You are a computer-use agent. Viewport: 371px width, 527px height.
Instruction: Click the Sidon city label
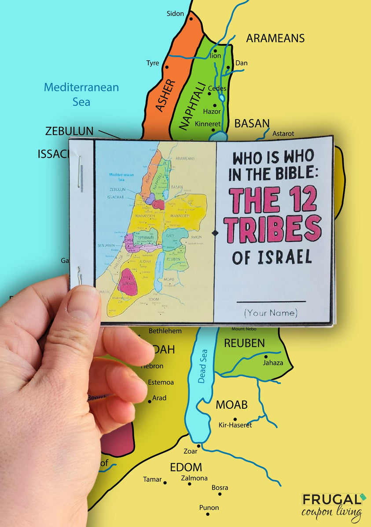point(175,14)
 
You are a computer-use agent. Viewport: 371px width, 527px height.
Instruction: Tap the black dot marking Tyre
point(167,68)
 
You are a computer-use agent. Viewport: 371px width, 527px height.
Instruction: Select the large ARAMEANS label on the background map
point(275,38)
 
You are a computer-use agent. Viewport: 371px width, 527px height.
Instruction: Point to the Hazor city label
point(212,112)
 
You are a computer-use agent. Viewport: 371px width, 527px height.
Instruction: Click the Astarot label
point(283,134)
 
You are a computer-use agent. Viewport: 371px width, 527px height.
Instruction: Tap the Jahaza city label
point(273,363)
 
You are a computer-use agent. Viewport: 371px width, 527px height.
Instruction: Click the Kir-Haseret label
point(235,425)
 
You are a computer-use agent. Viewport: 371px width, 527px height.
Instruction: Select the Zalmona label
point(194,478)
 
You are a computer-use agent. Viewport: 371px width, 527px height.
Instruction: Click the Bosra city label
point(220,487)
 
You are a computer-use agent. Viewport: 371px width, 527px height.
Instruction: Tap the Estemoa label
point(161,382)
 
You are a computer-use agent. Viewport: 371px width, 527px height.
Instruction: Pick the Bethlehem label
point(165,331)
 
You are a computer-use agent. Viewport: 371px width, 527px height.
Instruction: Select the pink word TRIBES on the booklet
point(272,228)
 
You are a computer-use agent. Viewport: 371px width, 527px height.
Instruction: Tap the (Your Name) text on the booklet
point(271,313)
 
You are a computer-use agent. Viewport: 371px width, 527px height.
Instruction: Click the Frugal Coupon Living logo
point(332,505)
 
